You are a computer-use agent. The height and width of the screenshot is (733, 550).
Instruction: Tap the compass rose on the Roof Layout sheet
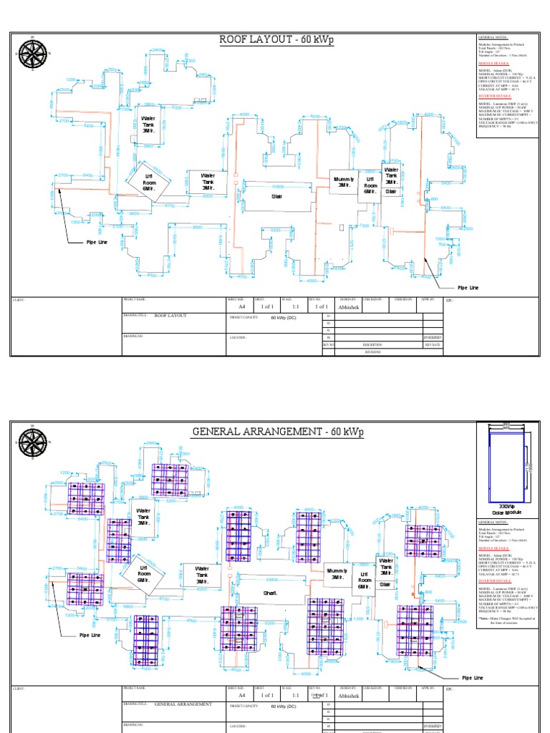coord(32,54)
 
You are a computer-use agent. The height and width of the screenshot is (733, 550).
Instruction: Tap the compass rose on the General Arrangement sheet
coord(32,445)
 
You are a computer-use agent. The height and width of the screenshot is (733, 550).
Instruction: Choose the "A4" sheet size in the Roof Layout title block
coord(241,306)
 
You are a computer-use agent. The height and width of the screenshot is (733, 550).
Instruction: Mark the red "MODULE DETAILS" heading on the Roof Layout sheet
coord(493,63)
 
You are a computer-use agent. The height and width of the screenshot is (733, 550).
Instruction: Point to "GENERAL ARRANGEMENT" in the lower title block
coord(183,704)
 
